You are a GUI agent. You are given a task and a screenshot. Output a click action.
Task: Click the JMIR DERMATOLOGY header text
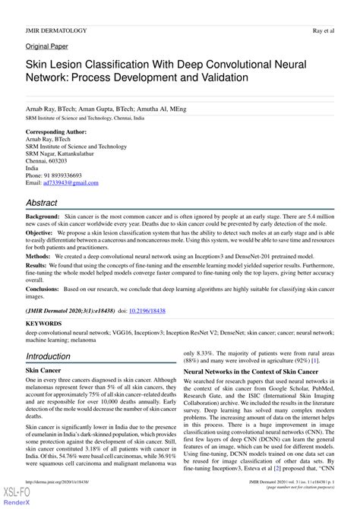coord(56,30)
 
